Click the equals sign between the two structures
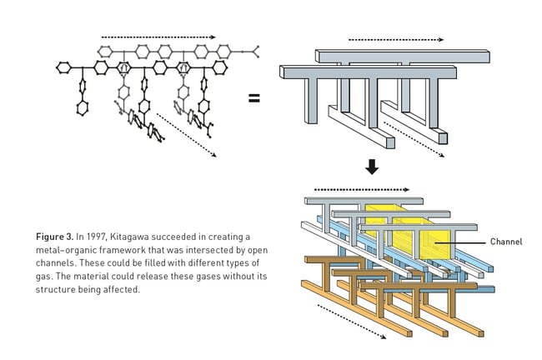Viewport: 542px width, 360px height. pyautogui.click(x=254, y=98)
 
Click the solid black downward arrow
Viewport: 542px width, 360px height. pyautogui.click(x=372, y=167)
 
